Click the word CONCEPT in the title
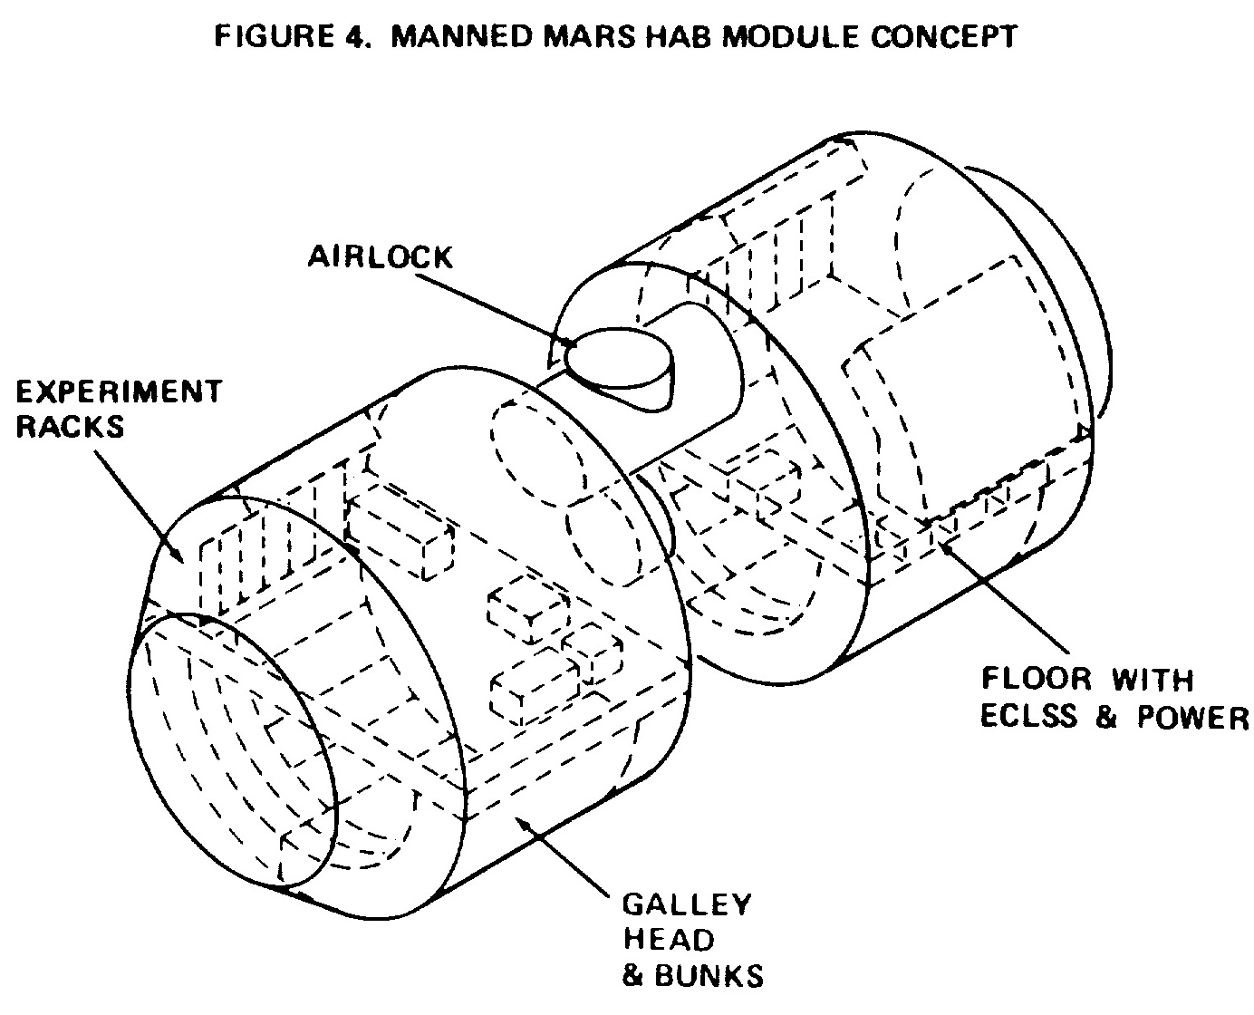943,37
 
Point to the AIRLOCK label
381,257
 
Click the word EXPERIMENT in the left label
119,391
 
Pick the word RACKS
70,427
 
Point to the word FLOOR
1037,679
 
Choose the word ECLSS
1031,717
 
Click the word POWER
1192,717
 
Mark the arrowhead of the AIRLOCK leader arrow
569,343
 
